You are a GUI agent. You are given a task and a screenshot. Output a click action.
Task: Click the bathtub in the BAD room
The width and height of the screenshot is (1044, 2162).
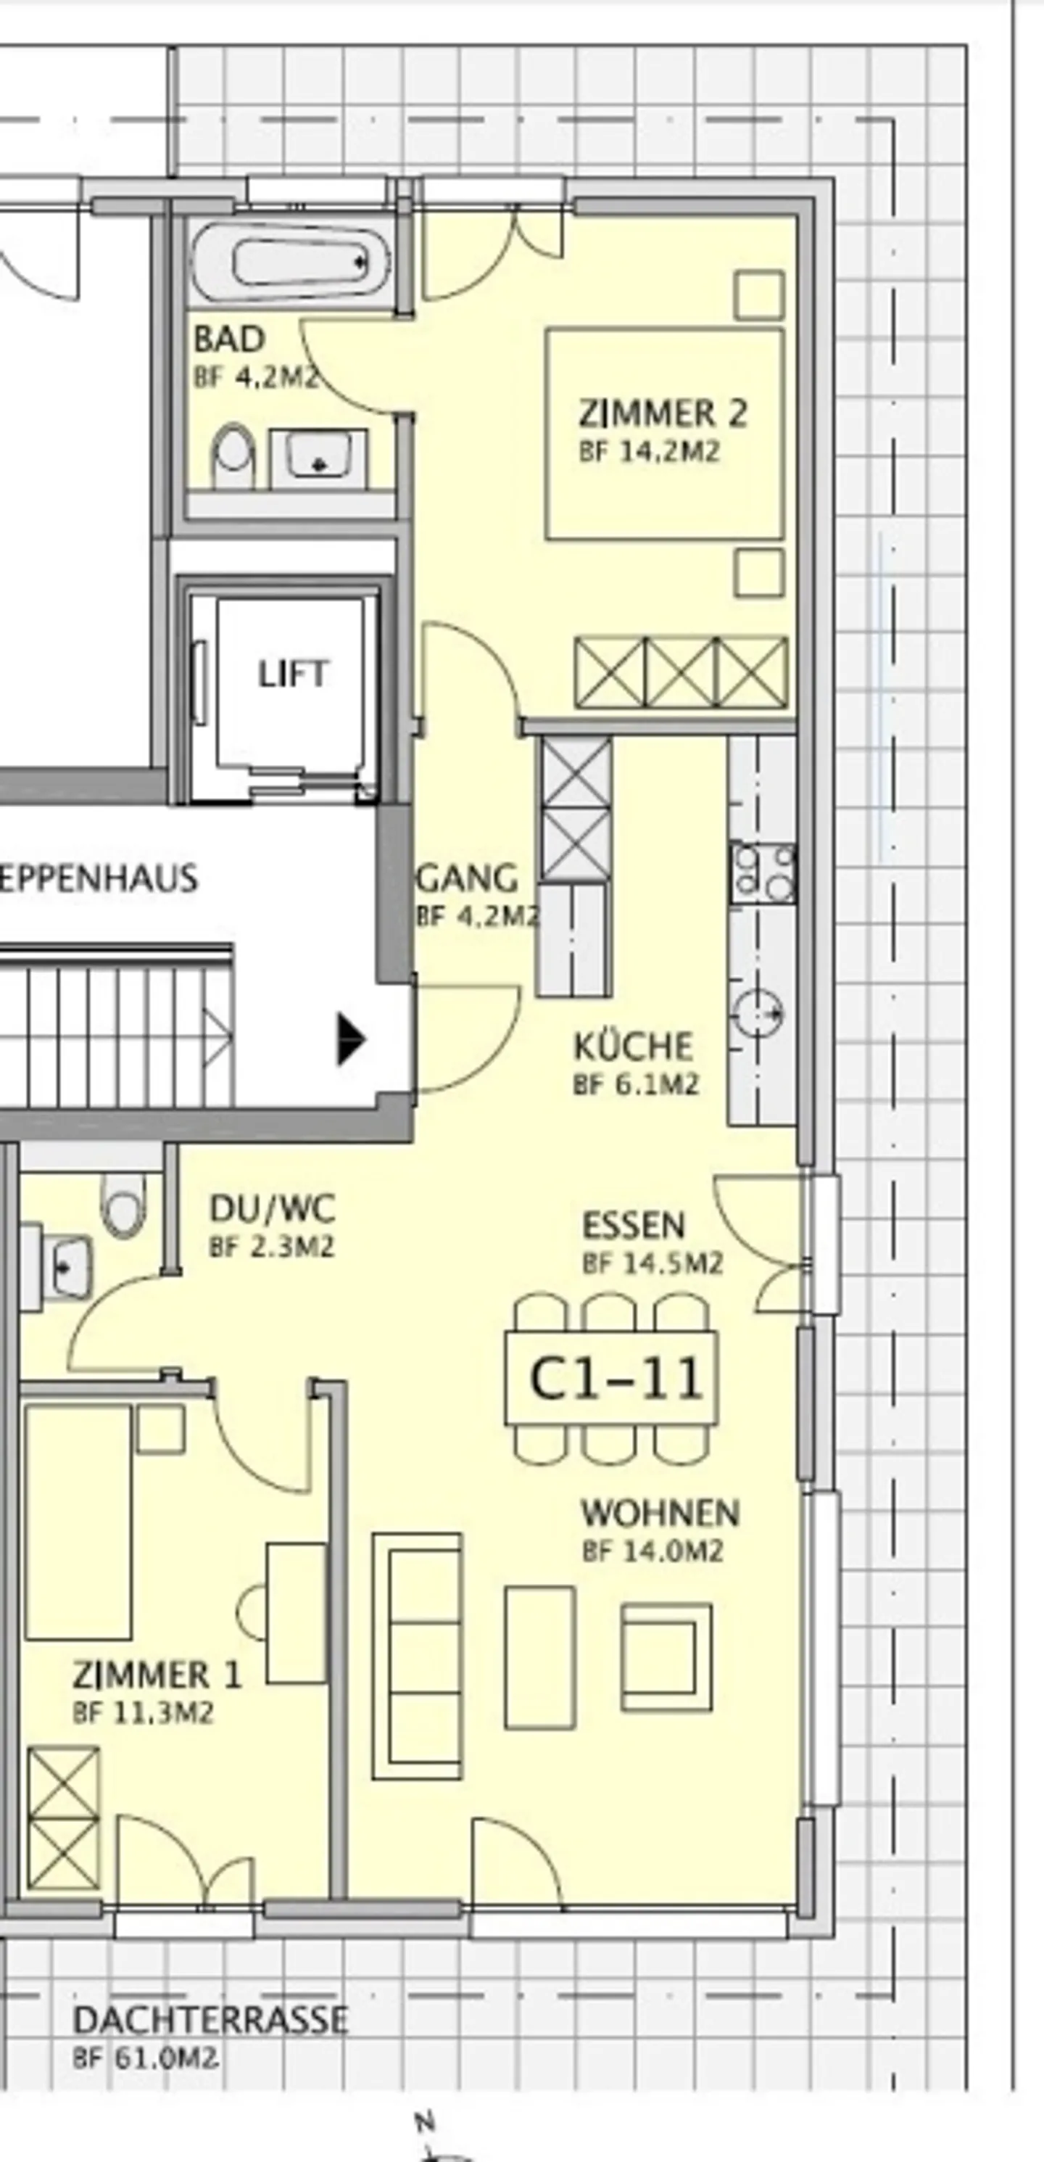pos(291,262)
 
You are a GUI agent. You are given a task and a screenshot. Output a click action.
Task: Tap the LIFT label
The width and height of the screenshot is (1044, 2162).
pos(293,674)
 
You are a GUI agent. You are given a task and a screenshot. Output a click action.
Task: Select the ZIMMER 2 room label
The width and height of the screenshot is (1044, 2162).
pos(662,414)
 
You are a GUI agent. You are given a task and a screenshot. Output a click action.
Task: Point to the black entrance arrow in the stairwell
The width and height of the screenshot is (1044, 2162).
pos(351,1039)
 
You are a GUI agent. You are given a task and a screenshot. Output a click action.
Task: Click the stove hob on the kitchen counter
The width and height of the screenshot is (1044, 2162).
pos(762,873)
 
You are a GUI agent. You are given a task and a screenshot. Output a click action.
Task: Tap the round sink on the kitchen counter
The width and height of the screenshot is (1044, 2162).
pos(758,1014)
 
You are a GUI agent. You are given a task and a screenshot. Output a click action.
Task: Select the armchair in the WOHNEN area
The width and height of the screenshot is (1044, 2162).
pos(666,1646)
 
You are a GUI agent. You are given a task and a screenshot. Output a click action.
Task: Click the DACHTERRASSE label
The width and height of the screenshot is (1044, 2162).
pos(210,2019)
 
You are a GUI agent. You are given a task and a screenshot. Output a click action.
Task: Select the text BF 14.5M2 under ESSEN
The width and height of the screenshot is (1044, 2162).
pos(652,1263)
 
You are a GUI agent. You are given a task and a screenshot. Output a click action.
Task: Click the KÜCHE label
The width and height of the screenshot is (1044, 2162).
pos(634,1047)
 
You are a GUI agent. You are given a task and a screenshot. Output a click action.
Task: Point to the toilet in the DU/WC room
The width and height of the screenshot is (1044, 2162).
pos(123,1205)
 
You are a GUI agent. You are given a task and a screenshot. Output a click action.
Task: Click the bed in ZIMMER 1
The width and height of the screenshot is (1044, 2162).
pos(78,1522)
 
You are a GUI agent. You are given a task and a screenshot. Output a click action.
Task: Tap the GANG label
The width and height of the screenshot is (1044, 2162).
pos(468,879)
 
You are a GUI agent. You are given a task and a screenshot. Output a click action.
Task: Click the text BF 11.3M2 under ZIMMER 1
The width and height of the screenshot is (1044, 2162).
pos(143,1712)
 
